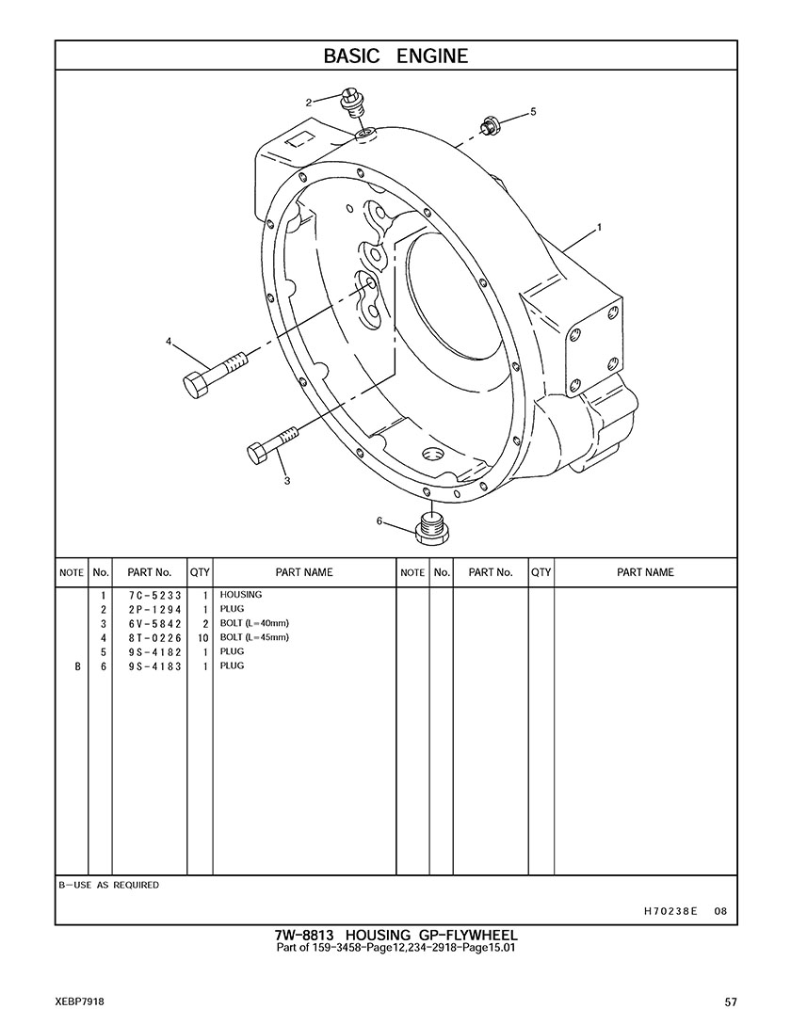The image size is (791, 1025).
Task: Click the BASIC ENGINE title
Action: point(395,56)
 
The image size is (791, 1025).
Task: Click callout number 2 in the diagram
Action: point(309,102)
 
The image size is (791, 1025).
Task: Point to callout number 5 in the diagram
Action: point(533,111)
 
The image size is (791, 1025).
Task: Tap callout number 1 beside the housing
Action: point(600,227)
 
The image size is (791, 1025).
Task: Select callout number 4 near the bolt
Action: point(169,342)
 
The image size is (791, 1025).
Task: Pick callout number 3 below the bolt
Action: point(286,481)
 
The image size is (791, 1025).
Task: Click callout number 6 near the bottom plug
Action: point(379,521)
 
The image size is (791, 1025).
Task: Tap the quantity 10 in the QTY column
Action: point(202,638)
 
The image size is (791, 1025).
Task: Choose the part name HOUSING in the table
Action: point(241,596)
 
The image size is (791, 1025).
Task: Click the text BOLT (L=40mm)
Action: point(254,624)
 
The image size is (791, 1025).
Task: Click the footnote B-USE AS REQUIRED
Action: point(109,886)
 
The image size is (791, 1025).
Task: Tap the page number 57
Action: point(731,1001)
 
